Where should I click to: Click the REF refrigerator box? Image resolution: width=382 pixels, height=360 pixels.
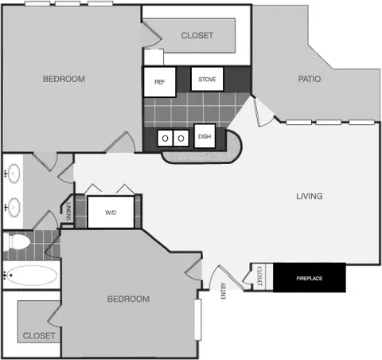160,82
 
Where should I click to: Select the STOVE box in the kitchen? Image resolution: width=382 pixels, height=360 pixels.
207,79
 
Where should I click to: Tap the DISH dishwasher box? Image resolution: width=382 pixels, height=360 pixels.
205,136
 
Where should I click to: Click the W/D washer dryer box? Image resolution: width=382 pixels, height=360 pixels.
111,212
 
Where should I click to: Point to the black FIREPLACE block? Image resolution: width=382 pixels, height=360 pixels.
310,278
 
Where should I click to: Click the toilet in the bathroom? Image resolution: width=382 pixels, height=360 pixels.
17,242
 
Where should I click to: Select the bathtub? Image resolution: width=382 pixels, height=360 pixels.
31,276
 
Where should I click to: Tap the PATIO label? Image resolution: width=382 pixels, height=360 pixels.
310,79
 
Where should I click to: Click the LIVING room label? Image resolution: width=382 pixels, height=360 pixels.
310,196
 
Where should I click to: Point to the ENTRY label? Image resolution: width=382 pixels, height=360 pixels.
224,292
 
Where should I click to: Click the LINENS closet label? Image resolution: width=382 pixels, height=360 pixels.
68,211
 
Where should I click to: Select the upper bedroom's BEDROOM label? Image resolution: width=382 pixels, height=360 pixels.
64,79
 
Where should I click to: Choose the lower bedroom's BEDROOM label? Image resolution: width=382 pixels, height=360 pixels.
128,299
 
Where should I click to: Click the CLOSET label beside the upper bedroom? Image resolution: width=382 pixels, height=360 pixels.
197,35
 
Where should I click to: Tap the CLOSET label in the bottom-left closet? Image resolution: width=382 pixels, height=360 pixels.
39,335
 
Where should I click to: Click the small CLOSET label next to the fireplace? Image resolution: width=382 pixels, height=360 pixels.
259,276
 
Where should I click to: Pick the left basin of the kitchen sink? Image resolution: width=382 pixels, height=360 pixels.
165,138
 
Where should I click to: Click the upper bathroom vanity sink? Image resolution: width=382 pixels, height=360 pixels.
13,174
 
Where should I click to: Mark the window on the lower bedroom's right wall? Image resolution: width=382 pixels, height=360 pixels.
197,319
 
